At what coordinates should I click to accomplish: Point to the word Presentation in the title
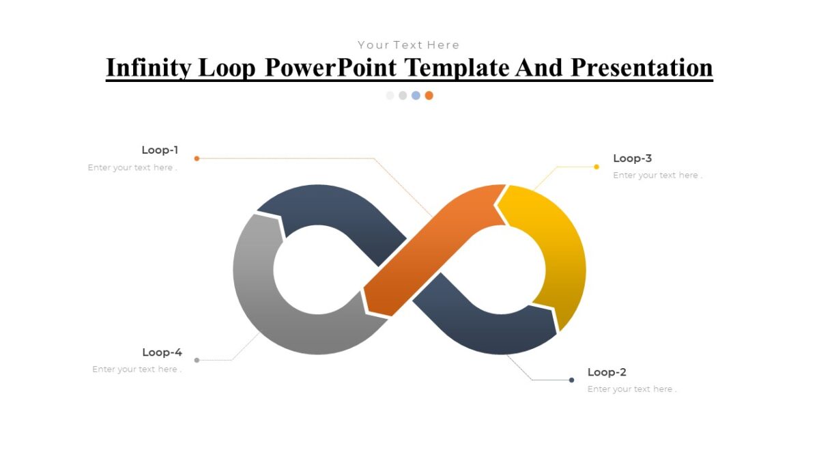tap(642, 68)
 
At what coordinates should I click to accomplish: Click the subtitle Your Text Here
tap(409, 45)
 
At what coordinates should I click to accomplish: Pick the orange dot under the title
tap(429, 96)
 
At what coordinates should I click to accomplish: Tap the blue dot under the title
tap(416, 96)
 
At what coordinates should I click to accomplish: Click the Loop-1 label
tap(160, 150)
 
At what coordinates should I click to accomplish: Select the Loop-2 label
tap(607, 372)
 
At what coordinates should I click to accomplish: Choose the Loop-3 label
tap(632, 158)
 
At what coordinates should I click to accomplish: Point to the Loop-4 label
tap(162, 352)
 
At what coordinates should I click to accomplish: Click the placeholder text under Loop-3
tap(657, 176)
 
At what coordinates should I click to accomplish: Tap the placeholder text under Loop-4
tap(136, 369)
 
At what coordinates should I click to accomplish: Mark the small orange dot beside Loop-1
tap(197, 158)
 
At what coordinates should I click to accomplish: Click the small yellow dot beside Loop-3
tap(597, 167)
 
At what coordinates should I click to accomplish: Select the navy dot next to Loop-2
tap(571, 380)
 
